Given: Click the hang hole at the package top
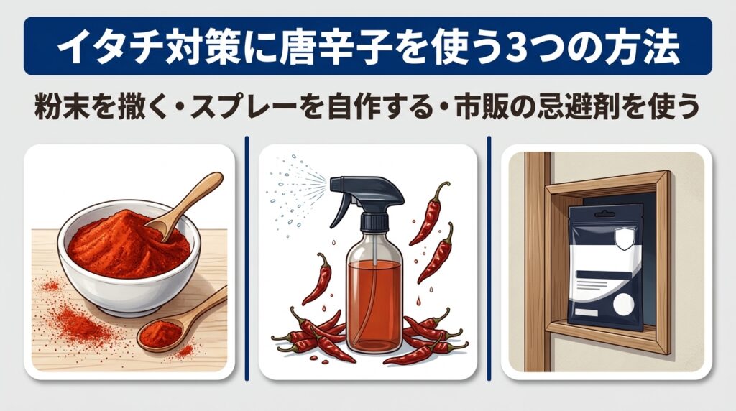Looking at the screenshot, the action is coord(604,214).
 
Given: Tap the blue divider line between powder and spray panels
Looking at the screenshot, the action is coord(247,258).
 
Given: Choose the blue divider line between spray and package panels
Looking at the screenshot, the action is coord(489,258).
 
